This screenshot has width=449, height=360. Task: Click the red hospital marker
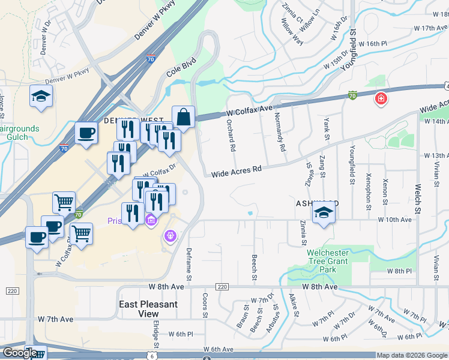pos(381,98)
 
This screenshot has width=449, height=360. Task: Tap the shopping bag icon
pos(184,116)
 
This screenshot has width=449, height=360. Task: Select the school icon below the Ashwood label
pos(323,213)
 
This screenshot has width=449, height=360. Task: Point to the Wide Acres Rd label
pos(237,171)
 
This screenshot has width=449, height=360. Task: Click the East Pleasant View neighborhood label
pos(148,308)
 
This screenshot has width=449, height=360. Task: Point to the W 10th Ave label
pos(394,220)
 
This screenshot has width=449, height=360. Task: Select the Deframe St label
pos(188,264)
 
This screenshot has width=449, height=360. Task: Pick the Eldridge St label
pos(155,333)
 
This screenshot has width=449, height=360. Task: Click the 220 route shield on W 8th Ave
pos(222,287)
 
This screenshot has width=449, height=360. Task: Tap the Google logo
pos(20,353)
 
